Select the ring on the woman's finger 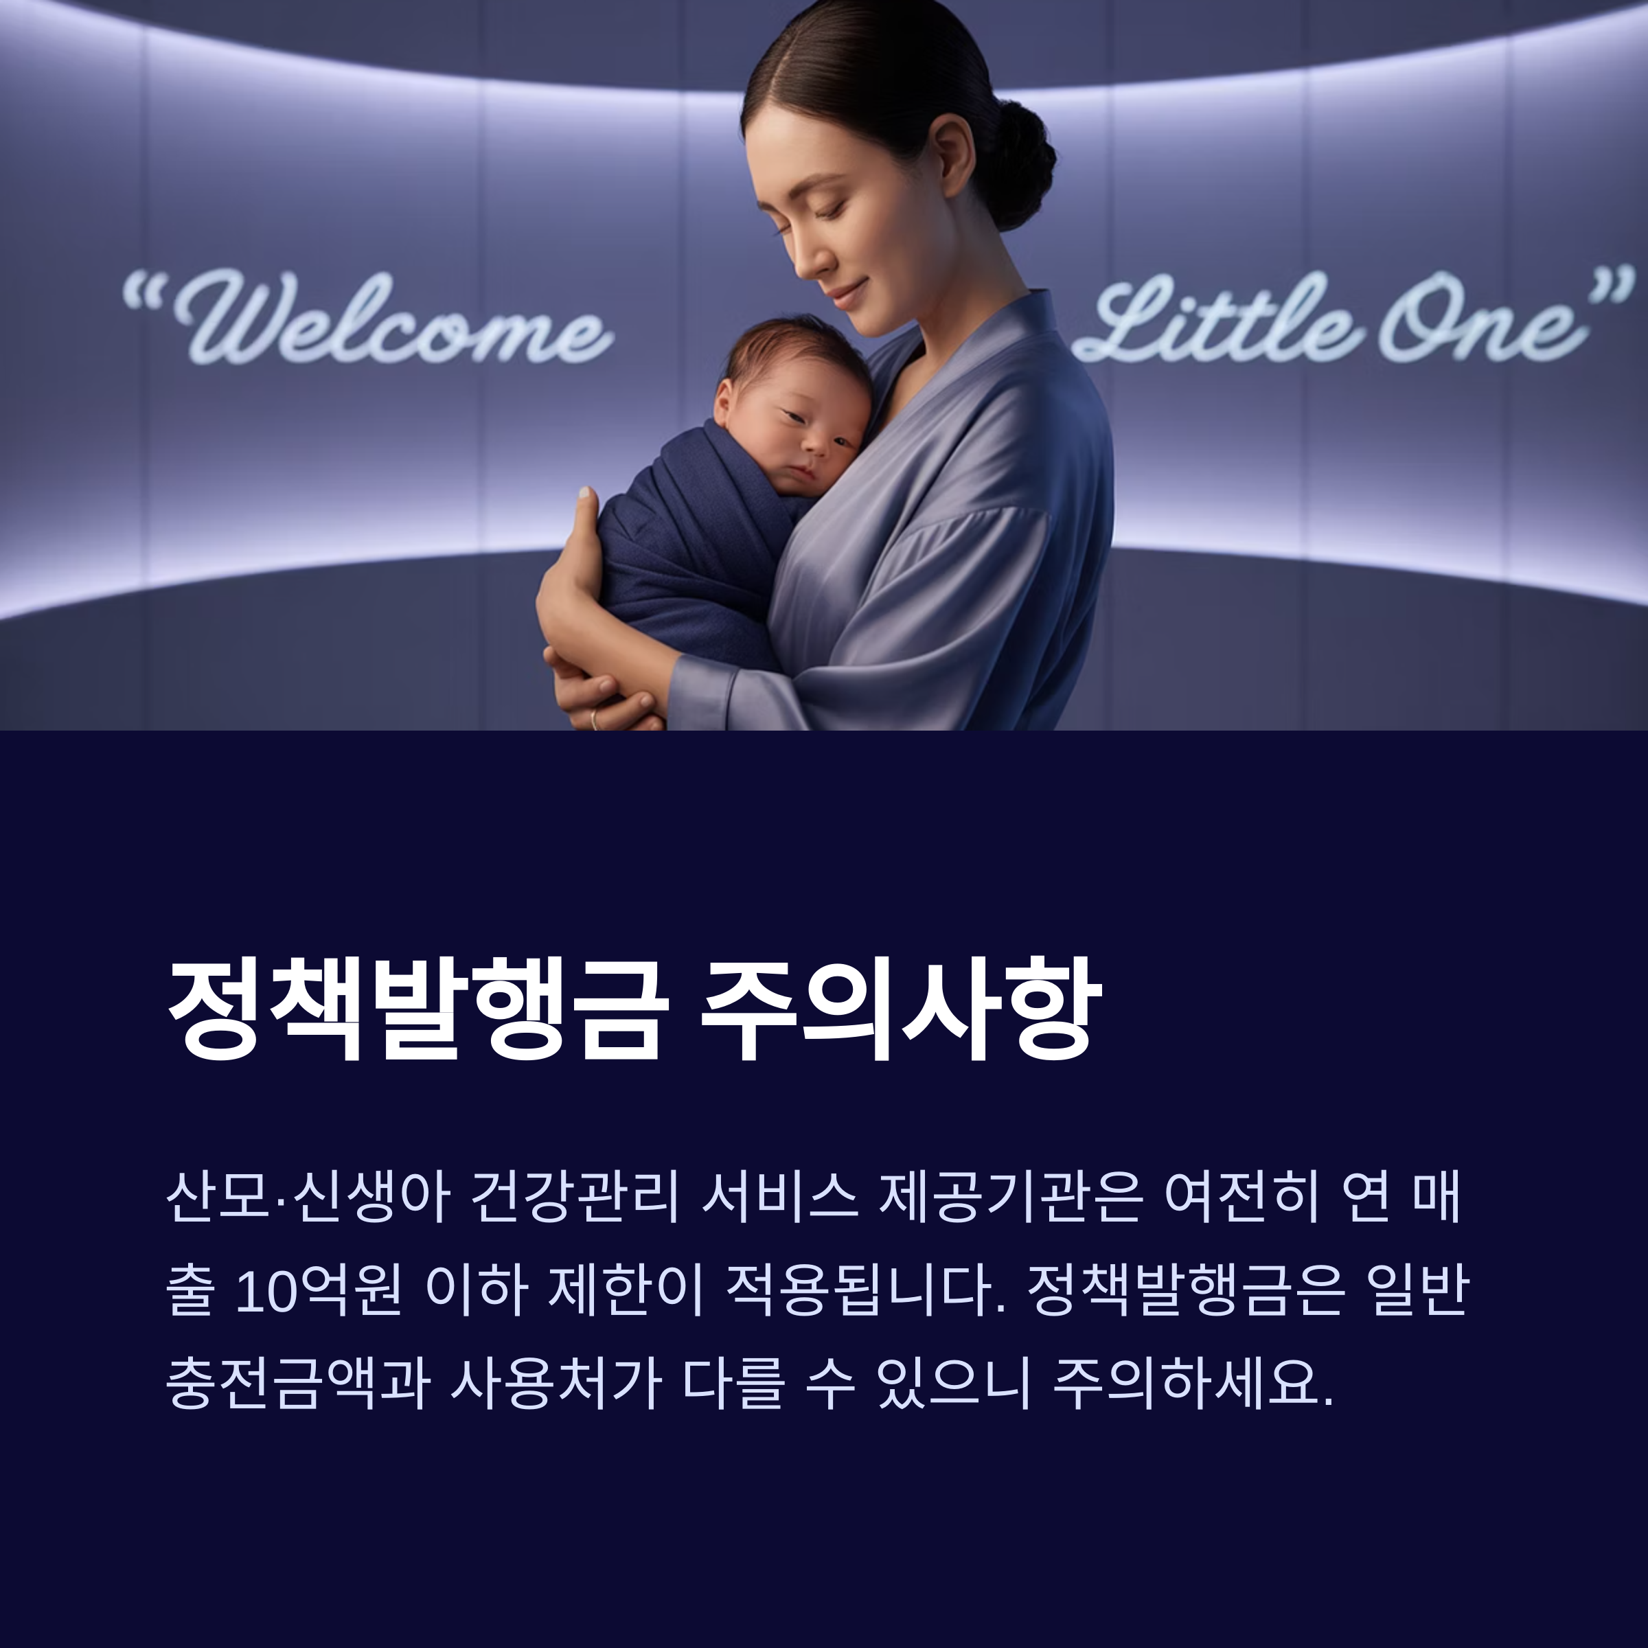click(595, 719)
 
